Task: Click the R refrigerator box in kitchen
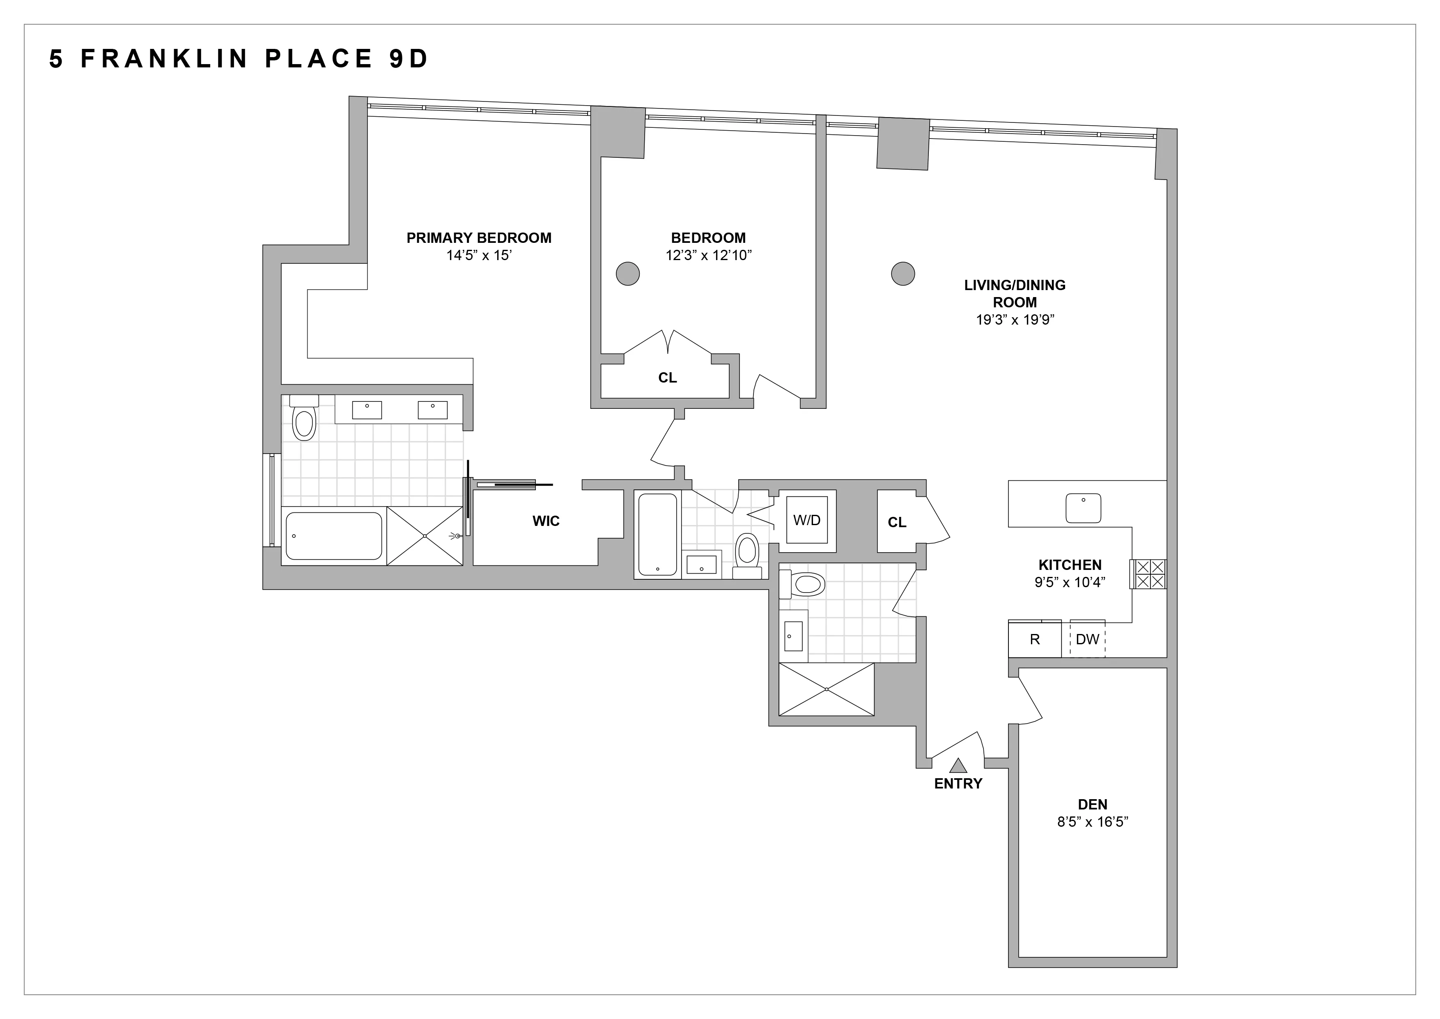point(1035,639)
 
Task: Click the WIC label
point(546,521)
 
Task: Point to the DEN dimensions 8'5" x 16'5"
point(1093,822)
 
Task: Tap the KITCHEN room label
point(1070,565)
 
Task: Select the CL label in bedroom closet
point(667,378)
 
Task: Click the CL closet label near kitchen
point(897,522)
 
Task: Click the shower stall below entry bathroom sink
point(826,689)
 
